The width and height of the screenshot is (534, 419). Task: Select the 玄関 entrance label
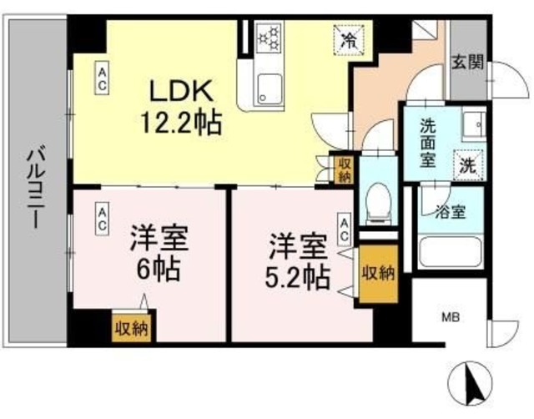[x=469, y=63]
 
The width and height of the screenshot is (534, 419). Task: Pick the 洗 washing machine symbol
[x=468, y=164]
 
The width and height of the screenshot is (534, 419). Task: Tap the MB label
[x=451, y=318]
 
